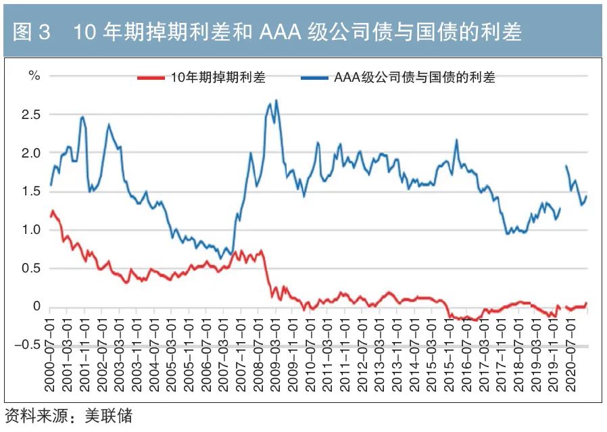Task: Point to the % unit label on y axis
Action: point(34,75)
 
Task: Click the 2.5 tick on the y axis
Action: point(31,115)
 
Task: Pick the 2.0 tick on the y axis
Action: point(31,153)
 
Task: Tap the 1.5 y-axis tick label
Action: point(31,192)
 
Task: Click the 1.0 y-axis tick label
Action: point(31,231)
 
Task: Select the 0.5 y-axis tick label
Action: point(31,269)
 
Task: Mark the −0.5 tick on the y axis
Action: point(27,345)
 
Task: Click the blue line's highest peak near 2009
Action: point(276,101)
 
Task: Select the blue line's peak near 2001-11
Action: point(82,117)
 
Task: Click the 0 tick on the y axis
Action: point(37,307)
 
